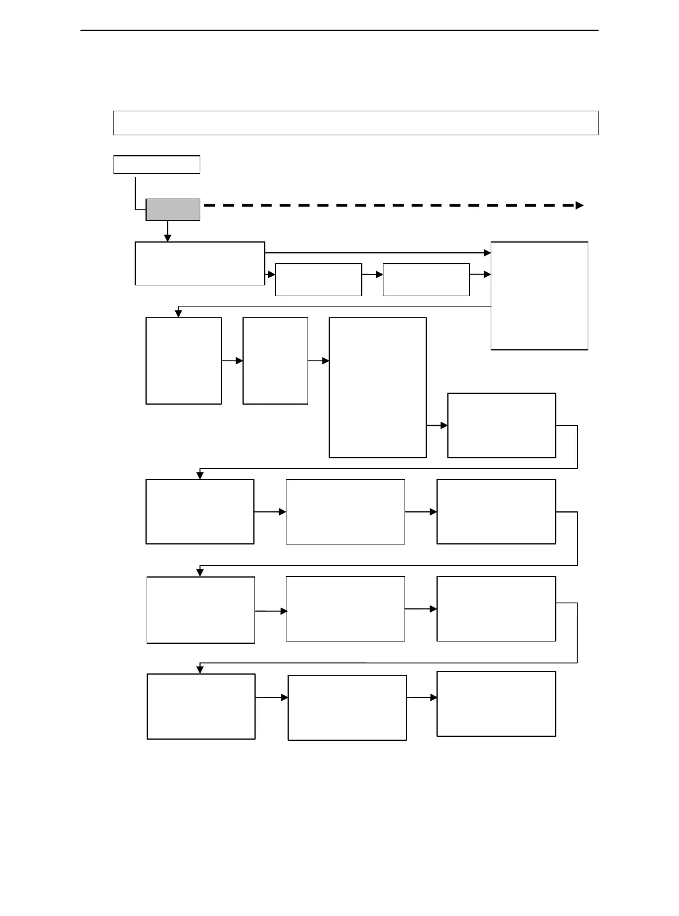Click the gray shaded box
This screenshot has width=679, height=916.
pyautogui.click(x=173, y=209)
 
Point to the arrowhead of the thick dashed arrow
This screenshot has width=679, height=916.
pyautogui.click(x=580, y=205)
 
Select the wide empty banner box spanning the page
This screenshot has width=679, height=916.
pyautogui.click(x=355, y=123)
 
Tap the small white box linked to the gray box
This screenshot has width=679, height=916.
pyautogui.click(x=156, y=164)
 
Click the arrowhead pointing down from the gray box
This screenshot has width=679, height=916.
pyautogui.click(x=168, y=238)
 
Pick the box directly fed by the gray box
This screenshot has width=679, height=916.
pyautogui.click(x=200, y=263)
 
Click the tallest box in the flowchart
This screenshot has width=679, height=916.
pyautogui.click(x=378, y=388)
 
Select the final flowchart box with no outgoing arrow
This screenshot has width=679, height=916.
pyautogui.click(x=496, y=704)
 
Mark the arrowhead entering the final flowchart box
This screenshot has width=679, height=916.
pyautogui.click(x=434, y=697)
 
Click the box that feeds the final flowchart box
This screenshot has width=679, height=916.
pyautogui.click(x=347, y=708)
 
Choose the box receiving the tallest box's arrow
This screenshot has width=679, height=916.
pyautogui.click(x=502, y=425)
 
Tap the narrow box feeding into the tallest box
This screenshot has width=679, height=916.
pyautogui.click(x=275, y=361)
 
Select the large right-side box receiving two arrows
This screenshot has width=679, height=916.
pyautogui.click(x=539, y=296)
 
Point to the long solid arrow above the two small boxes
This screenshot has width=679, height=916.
pyautogui.click(x=377, y=252)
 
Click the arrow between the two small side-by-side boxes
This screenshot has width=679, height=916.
pyautogui.click(x=372, y=275)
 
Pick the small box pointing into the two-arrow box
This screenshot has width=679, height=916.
pyautogui.click(x=426, y=280)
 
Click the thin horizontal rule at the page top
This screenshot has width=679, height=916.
pyautogui.click(x=339, y=30)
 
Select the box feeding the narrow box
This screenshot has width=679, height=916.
pyautogui.click(x=183, y=361)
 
